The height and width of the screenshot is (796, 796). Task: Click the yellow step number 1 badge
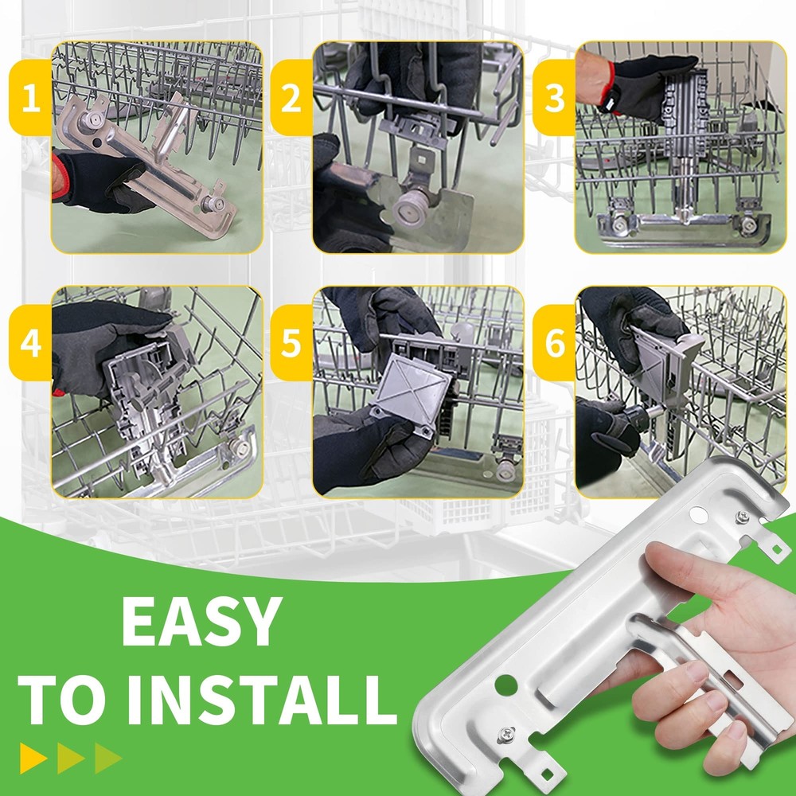point(30,97)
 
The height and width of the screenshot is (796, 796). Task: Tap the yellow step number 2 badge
point(291,97)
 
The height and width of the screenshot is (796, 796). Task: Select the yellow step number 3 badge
point(554,97)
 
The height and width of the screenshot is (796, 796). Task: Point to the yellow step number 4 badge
point(30,342)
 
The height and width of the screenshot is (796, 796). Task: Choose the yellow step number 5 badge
point(291,342)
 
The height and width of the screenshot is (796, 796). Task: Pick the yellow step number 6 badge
point(554,342)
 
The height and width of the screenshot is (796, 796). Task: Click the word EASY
point(201,621)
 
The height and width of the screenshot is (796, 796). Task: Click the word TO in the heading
point(64,700)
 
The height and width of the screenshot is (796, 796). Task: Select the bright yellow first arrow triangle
point(32,759)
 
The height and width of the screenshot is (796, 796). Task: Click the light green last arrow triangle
point(107,759)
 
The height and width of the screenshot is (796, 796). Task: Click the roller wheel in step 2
point(409,209)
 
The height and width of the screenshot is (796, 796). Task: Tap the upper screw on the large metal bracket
point(743,517)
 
